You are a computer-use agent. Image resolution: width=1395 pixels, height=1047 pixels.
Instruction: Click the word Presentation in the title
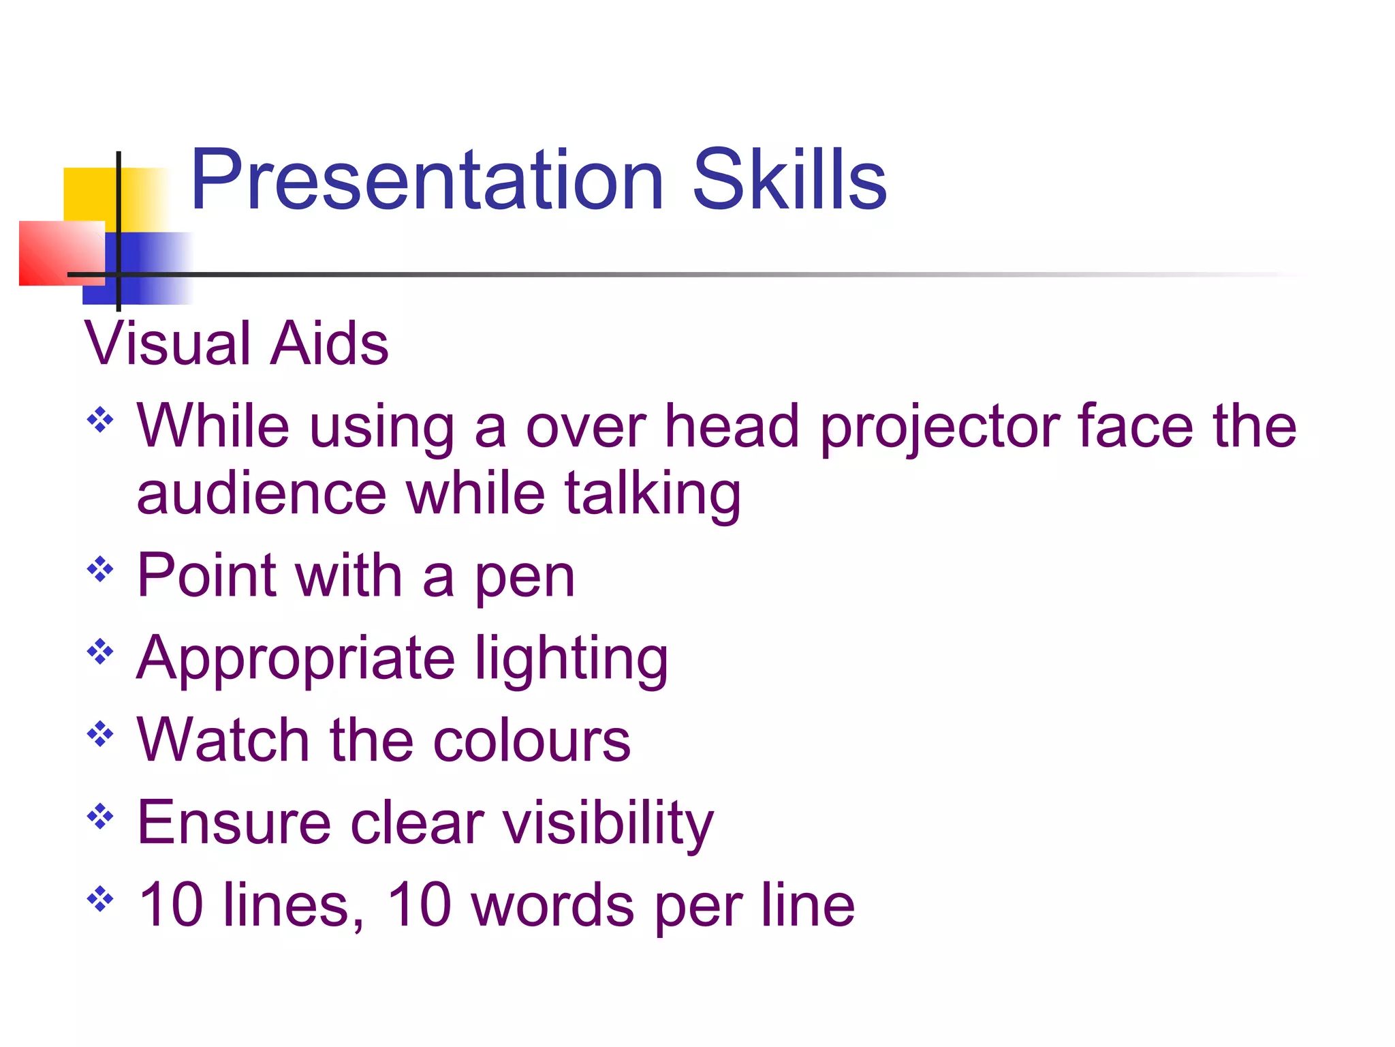(x=427, y=181)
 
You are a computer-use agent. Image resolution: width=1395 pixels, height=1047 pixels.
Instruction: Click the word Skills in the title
(x=789, y=181)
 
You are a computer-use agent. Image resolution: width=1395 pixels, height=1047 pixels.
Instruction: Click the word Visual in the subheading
(x=168, y=344)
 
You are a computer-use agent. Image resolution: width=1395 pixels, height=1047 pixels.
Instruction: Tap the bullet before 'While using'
(x=100, y=420)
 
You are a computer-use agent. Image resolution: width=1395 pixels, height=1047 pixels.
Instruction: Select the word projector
(x=940, y=428)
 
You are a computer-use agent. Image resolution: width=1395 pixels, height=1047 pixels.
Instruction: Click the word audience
(x=262, y=494)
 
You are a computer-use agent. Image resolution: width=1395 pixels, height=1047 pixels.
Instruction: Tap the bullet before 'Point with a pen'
(x=100, y=569)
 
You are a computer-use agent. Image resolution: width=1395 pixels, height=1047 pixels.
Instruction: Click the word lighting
(x=571, y=660)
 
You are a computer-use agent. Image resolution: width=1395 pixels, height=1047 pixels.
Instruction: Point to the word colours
(x=531, y=741)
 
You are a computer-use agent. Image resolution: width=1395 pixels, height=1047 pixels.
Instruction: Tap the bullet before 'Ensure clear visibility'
(x=100, y=816)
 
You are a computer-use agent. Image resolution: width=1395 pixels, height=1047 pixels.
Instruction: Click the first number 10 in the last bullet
(x=170, y=905)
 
